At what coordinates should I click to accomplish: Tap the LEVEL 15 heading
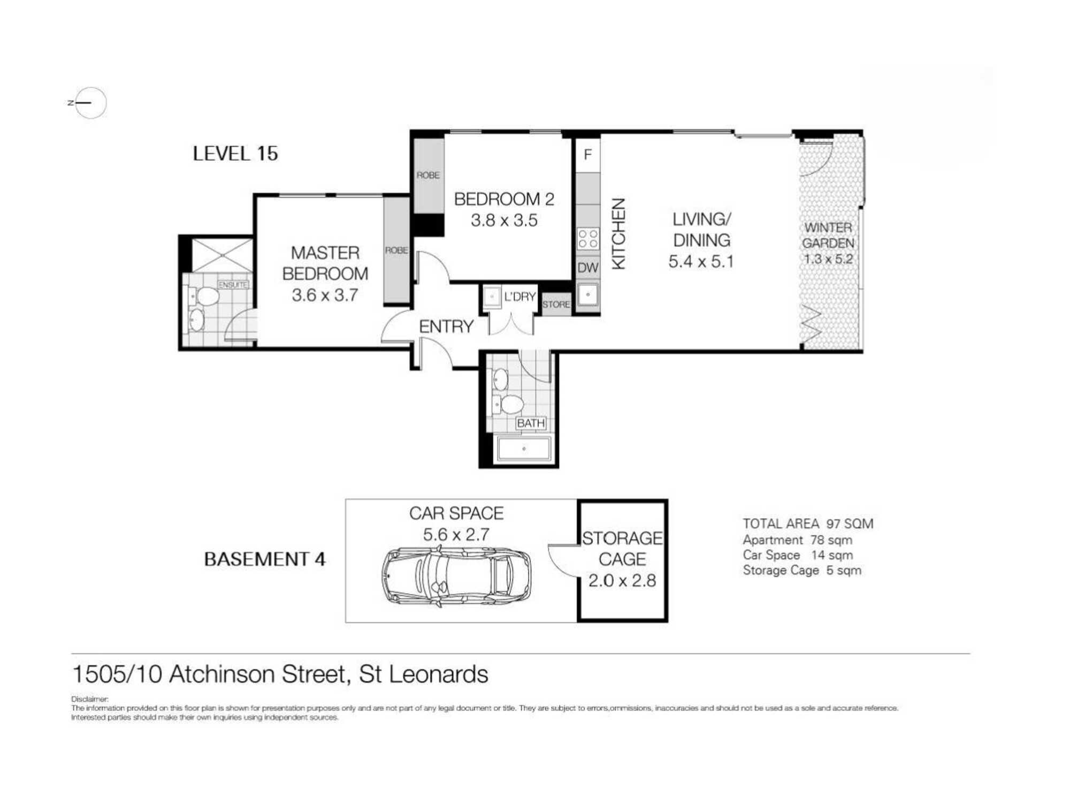point(235,154)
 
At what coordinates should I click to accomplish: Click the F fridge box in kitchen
point(587,155)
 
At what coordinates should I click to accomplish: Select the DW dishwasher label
point(587,268)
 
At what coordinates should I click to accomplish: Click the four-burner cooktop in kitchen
point(588,239)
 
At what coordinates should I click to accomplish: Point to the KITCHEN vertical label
point(618,234)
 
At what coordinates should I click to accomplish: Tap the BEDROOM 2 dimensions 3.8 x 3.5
point(504,221)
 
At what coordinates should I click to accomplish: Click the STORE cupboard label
point(556,305)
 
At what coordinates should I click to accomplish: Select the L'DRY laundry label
point(519,297)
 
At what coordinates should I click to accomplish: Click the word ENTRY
point(446,327)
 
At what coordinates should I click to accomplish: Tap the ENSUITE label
point(233,285)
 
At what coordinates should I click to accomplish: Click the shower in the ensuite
point(222,255)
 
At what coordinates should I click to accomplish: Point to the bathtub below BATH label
point(524,449)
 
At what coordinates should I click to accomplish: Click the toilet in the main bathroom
point(509,404)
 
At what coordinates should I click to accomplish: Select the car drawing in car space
point(456,577)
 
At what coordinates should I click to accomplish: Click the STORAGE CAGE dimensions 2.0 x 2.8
point(622,580)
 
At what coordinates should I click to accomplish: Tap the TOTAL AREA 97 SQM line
point(807,524)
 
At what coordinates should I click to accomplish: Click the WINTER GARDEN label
point(828,236)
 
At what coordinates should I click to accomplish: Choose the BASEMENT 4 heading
point(265,559)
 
